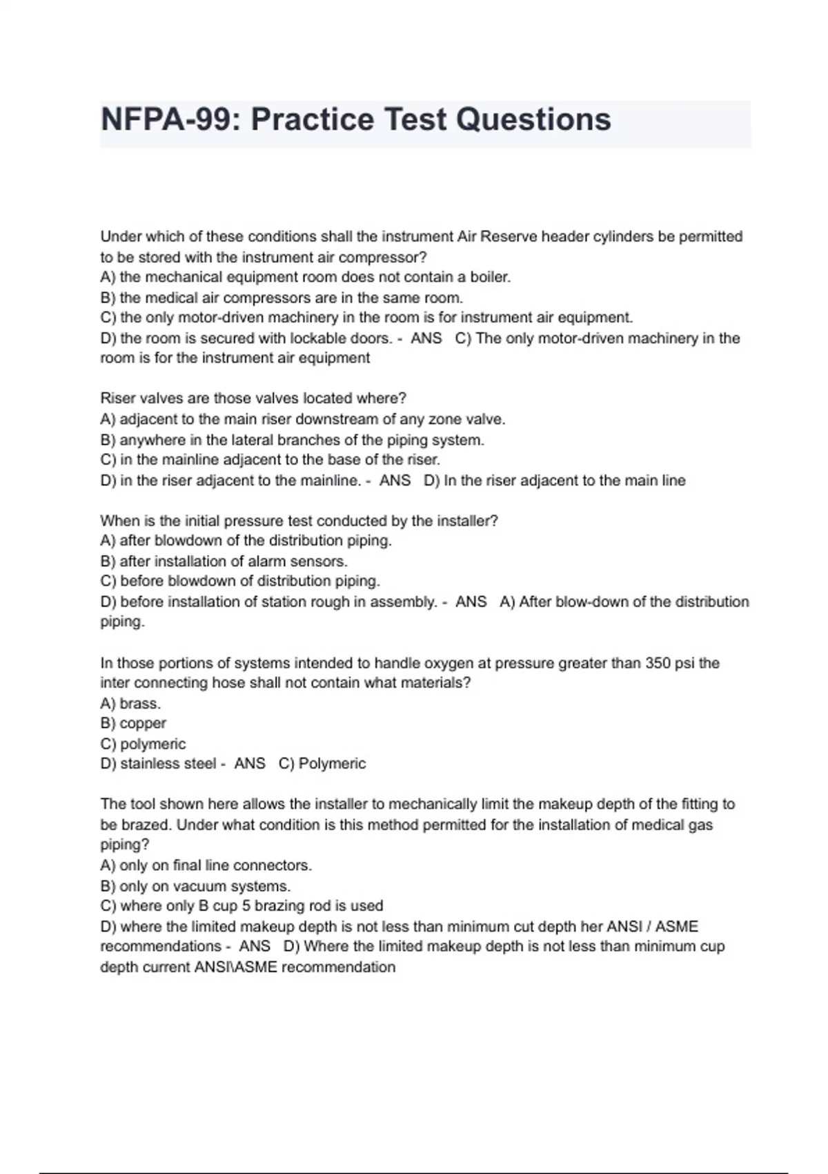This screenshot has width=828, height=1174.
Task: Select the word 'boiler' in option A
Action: [x=489, y=278]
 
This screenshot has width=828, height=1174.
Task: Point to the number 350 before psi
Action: [x=658, y=663]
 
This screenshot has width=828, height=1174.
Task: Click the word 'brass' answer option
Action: [x=139, y=704]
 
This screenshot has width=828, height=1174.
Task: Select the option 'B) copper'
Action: [x=133, y=723]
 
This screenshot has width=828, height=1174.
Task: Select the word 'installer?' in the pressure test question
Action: [x=462, y=521]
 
